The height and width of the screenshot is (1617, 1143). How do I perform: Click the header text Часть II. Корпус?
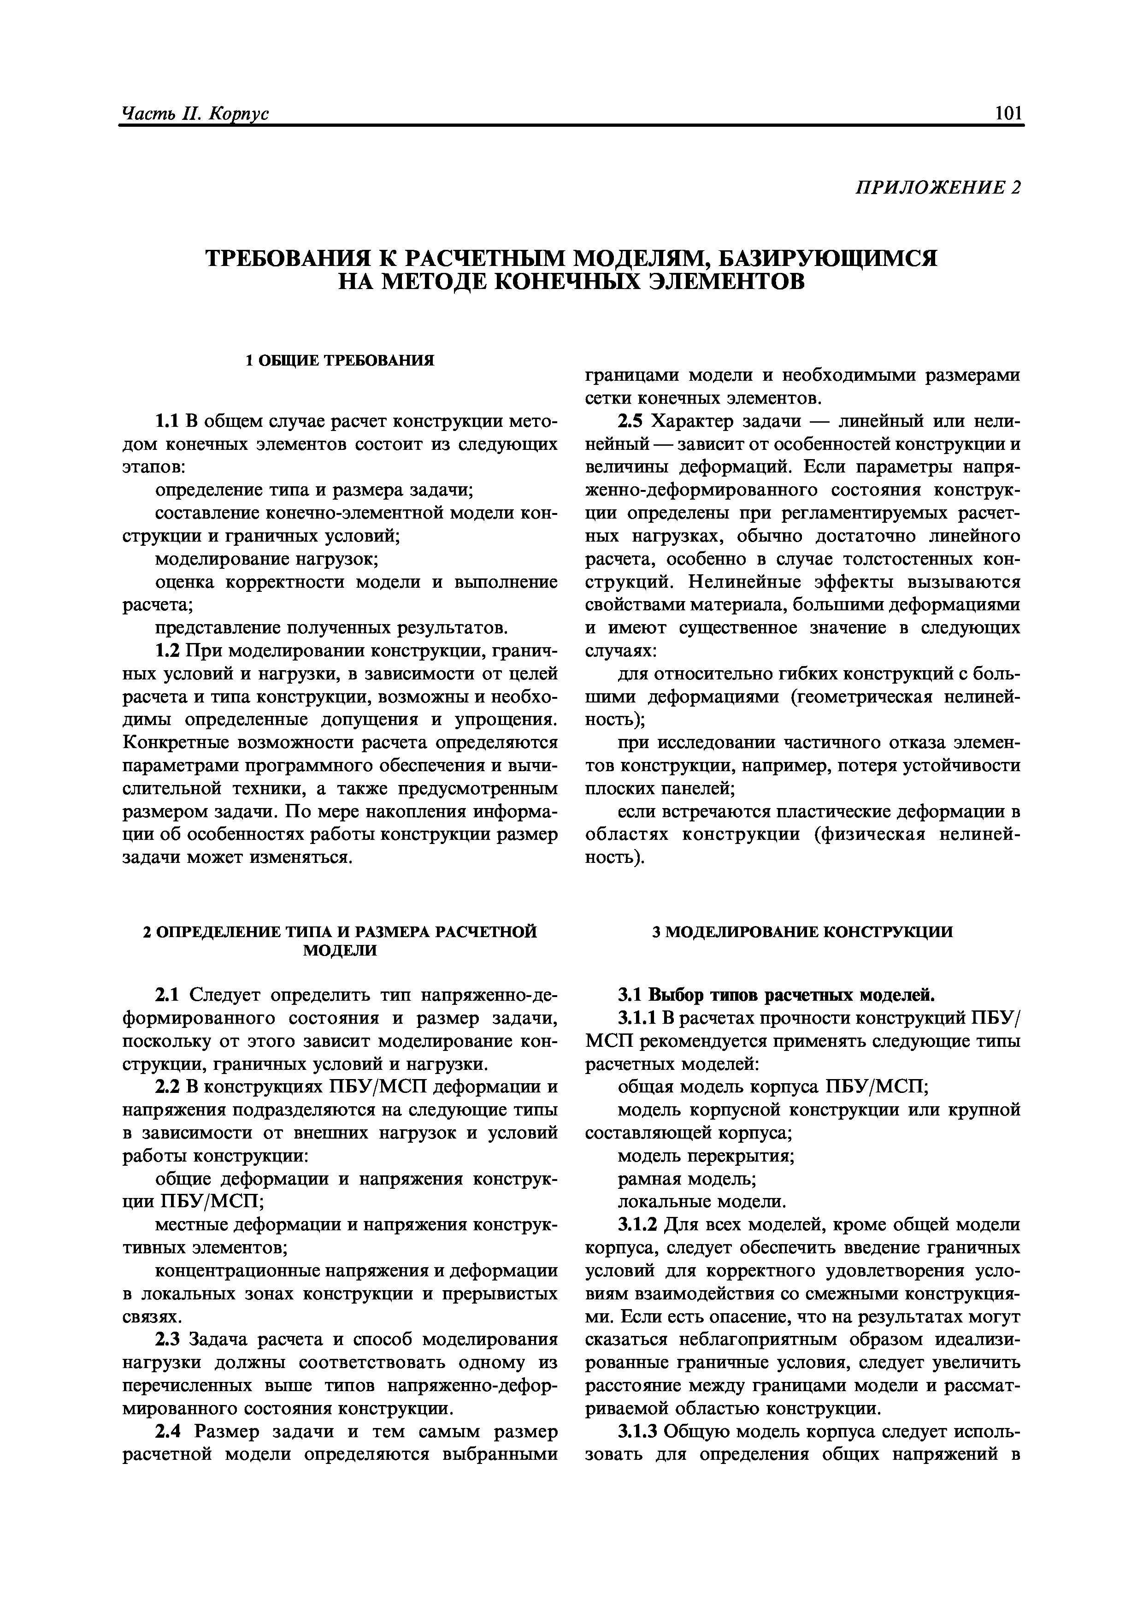[195, 114]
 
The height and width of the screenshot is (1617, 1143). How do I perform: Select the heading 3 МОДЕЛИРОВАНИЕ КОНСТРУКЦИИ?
[802, 932]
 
